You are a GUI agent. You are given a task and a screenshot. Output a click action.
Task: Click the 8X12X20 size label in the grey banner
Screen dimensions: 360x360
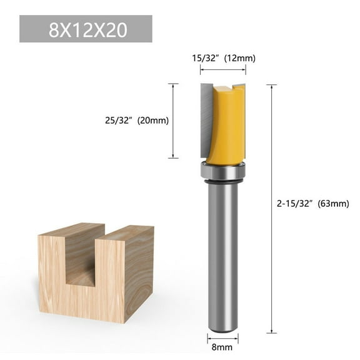(85, 30)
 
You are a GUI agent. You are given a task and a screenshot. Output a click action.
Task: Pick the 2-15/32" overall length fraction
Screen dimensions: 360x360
(296, 203)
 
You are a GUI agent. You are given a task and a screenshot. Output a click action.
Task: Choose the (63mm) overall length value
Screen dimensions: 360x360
(332, 203)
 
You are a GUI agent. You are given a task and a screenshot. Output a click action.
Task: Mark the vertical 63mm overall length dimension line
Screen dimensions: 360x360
(272, 206)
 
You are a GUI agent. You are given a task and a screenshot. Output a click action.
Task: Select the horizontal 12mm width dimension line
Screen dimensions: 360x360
(223, 72)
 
